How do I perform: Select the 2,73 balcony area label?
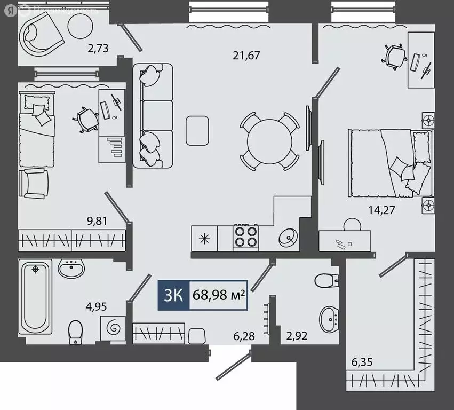coord(100,49)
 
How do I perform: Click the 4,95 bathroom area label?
coord(97,306)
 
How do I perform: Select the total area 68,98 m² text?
coord(219,295)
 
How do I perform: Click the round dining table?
coord(269,141)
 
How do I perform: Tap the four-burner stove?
coord(246,236)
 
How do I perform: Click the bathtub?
coord(35,296)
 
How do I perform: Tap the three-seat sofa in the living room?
coord(153,115)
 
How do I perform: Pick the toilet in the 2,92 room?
coord(327,279)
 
